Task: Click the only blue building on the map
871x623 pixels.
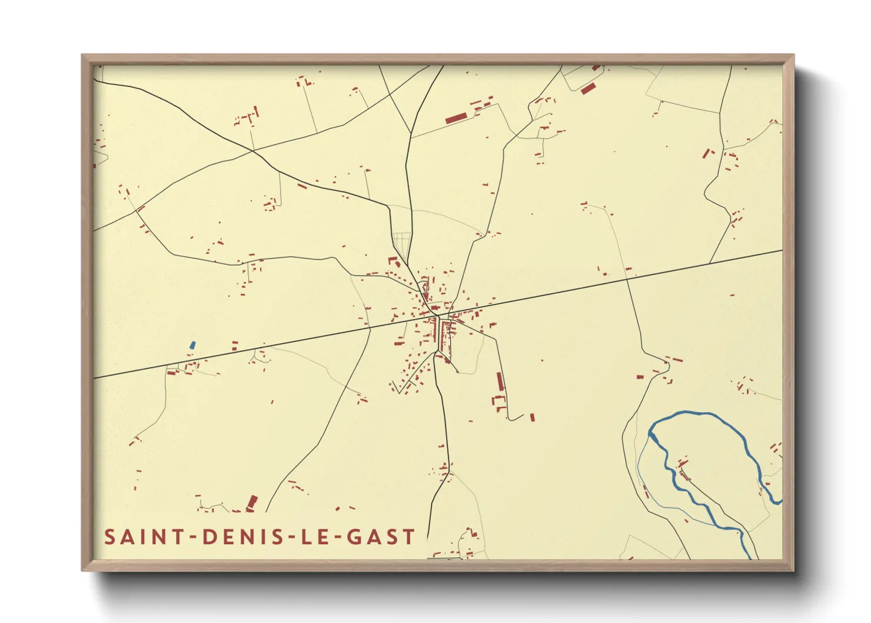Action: (192, 345)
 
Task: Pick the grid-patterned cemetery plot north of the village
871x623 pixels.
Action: (401, 240)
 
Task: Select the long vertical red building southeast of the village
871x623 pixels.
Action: (500, 382)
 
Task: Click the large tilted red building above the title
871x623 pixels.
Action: (252, 502)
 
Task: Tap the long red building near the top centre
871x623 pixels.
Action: (456, 118)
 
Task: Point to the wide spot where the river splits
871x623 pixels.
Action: (652, 436)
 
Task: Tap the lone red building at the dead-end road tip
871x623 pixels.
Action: (532, 417)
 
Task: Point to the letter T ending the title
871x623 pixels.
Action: (408, 537)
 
